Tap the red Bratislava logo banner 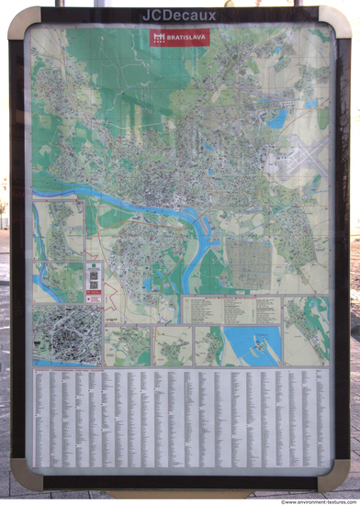pyautogui.click(x=179, y=38)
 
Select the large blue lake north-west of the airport pyautogui.click(x=277, y=118)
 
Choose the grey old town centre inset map pyautogui.click(x=66, y=336)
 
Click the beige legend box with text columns pyautogui.click(x=231, y=309)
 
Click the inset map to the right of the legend pyautogui.click(x=306, y=329)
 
